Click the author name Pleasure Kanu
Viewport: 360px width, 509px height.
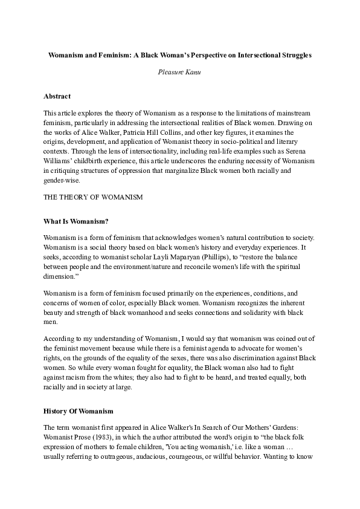pos(179,71)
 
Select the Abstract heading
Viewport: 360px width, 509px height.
pos(57,96)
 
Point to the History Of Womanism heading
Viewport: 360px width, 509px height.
pos(79,411)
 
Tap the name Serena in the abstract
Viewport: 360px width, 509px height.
pos(297,151)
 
